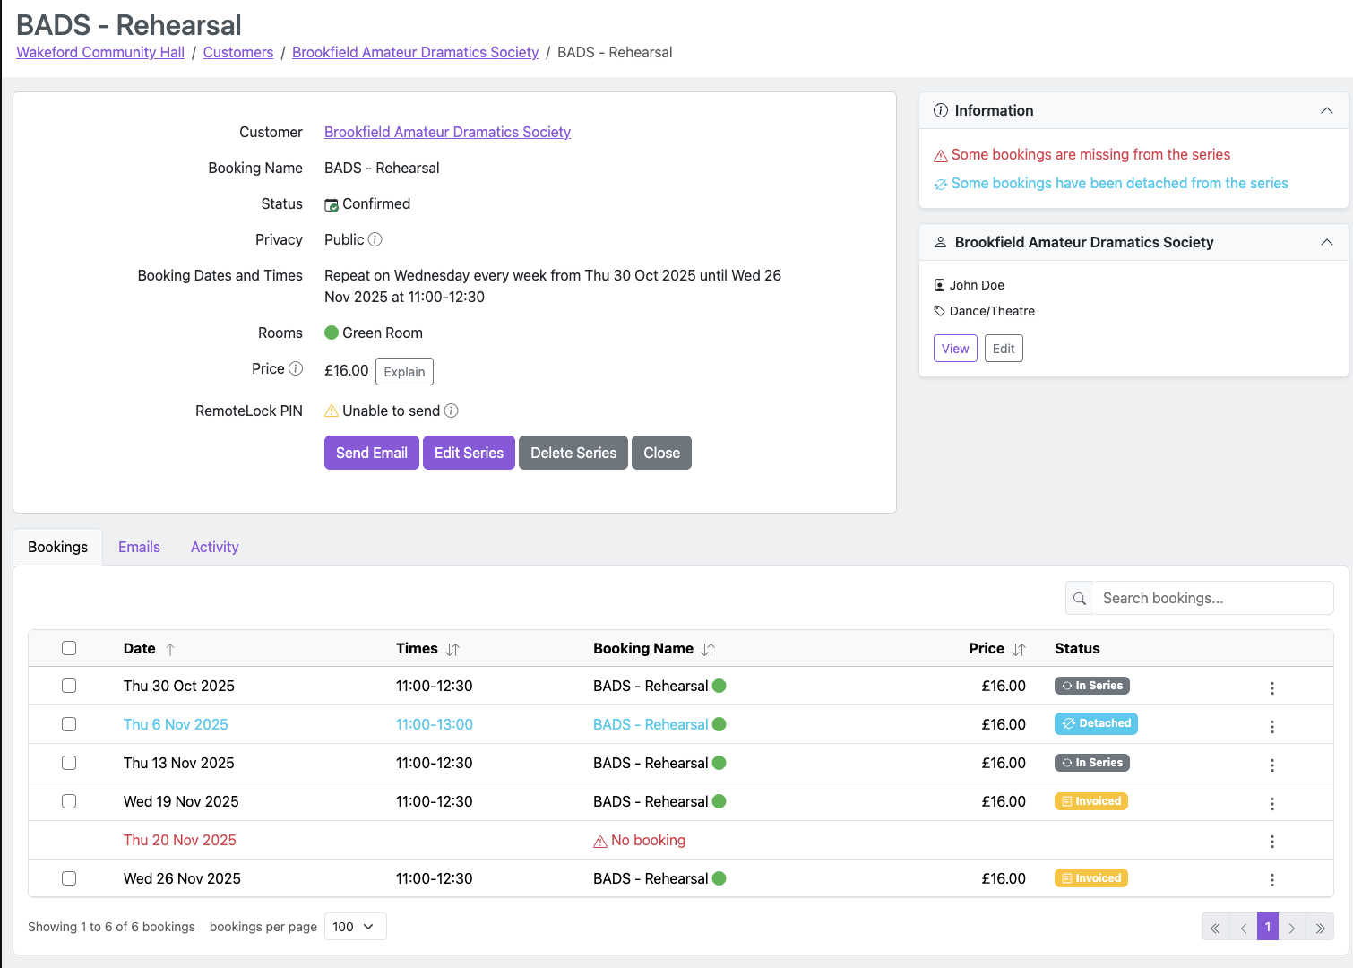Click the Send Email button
[371, 453]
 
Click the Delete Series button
[573, 453]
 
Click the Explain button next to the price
[404, 372]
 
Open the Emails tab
[139, 547]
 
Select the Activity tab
[214, 547]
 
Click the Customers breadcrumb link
[237, 52]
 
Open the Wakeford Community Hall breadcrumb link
[100, 52]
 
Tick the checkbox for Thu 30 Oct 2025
[69, 686]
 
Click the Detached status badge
[1096, 723]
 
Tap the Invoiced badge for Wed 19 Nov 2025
[1090, 801]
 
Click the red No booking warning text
[647, 840]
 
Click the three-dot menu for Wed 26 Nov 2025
[1271, 879]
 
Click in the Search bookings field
[1211, 598]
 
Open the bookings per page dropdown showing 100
[355, 927]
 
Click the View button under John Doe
[955, 349]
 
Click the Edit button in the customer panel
[1004, 349]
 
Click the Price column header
[987, 648]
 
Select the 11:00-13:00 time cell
[435, 724]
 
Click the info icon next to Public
[375, 239]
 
